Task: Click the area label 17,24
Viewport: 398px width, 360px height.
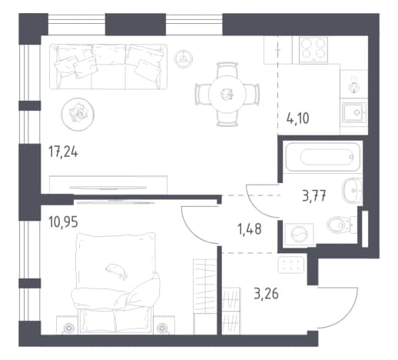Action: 63,152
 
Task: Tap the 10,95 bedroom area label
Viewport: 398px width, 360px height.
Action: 63,222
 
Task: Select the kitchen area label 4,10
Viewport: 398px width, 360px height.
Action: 298,118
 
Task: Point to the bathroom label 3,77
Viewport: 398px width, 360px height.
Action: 314,197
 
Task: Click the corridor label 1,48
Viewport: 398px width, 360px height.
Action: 250,229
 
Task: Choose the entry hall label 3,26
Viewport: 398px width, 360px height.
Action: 266,294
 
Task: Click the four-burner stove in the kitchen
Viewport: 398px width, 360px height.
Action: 313,50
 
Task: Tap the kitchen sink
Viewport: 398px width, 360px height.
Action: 354,112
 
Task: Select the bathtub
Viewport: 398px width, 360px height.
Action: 323,157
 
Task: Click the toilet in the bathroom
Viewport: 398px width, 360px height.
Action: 339,225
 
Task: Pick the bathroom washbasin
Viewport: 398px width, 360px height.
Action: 352,191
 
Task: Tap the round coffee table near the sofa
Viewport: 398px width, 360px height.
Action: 78,115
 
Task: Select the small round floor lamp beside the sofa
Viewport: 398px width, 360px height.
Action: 184,58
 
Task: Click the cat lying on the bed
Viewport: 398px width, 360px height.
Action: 117,271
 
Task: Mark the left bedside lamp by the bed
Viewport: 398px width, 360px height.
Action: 68,328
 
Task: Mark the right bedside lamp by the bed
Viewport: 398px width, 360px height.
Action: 162,328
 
